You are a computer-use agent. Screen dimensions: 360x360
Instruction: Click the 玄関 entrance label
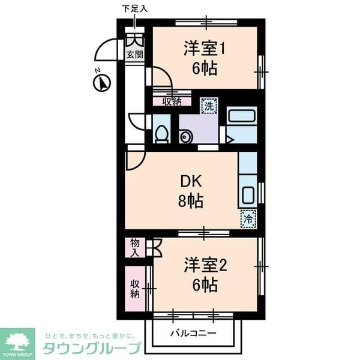point(135,55)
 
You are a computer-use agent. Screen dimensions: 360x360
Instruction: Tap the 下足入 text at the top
point(134,8)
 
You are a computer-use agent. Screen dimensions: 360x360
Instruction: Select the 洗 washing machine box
point(209,106)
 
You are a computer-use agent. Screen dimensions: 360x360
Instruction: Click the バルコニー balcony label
point(193,333)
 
